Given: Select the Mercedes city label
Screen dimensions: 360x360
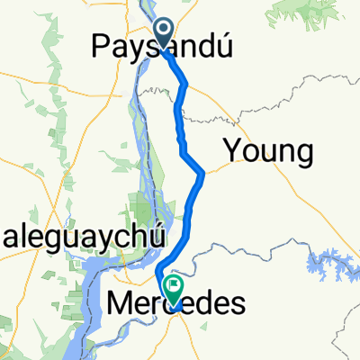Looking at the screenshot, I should tap(175, 305).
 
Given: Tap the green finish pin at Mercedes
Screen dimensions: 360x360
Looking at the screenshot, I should tap(173, 287).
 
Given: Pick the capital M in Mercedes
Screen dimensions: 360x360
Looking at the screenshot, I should tap(120, 305).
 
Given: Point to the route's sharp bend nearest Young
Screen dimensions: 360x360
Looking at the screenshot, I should tap(204, 172).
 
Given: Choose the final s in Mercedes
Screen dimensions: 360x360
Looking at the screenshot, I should tap(237, 306).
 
